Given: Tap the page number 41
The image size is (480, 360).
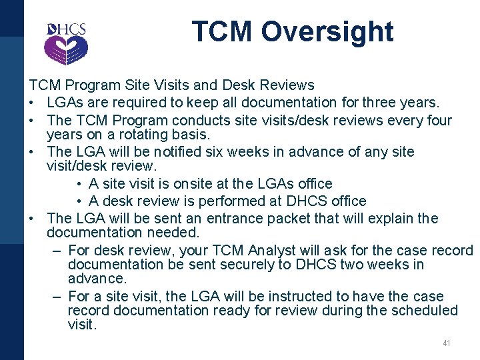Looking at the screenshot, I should (x=447, y=343).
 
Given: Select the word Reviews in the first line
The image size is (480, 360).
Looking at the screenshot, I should (x=289, y=85).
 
